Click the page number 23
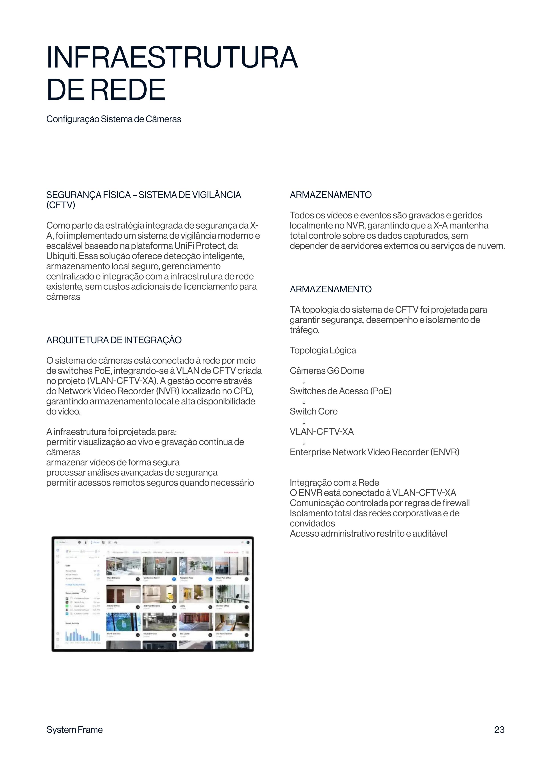click(x=499, y=729)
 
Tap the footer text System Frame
click(x=74, y=729)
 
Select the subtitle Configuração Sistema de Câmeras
click(x=114, y=119)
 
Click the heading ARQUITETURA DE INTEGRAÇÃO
click(x=114, y=340)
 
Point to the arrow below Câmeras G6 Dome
click(x=304, y=381)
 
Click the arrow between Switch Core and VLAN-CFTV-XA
click(x=304, y=421)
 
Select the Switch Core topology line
click(x=313, y=411)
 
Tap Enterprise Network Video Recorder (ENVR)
click(x=374, y=452)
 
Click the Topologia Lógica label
click(x=323, y=350)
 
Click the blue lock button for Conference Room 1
click(x=174, y=579)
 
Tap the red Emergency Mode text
click(x=231, y=552)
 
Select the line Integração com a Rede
click(x=334, y=482)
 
